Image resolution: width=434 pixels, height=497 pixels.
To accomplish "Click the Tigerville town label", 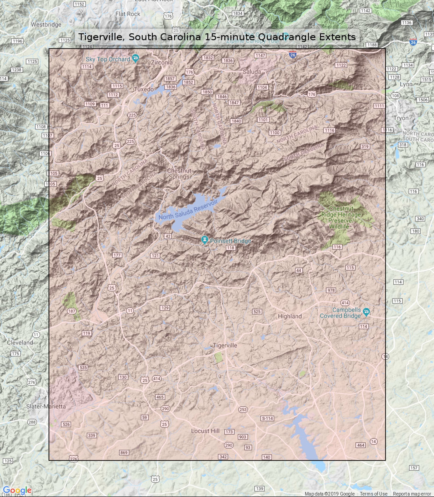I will pos(225,345).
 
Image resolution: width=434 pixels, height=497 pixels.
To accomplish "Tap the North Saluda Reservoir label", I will pos(188,210).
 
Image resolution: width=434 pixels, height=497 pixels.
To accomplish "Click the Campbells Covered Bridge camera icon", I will pos(366,311).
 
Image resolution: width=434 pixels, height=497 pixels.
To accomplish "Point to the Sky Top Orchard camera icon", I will pos(135,58).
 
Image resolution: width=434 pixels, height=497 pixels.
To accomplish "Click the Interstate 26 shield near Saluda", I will pos(293,55).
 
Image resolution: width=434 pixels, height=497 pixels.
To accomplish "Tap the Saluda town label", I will pos(252,72).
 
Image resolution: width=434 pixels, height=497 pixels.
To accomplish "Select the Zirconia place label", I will pos(162,62).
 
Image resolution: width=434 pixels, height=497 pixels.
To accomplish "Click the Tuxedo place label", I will pos(144,89).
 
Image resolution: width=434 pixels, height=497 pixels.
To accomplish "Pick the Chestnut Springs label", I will pos(179,174).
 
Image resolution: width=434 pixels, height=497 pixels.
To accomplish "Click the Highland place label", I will pos(290,316).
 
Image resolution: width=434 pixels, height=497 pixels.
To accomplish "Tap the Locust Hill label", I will pos(205,431).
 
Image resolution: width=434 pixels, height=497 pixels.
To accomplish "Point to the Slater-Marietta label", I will pos(46,406).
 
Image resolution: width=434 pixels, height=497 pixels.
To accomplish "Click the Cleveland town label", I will pos(20,342).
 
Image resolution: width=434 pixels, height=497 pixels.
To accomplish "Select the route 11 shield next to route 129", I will pos(130,311).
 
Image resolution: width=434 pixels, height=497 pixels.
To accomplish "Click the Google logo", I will pos(17,490).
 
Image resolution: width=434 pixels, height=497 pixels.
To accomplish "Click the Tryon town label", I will pos(401,118).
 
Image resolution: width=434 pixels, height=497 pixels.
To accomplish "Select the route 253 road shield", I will pos(243,409).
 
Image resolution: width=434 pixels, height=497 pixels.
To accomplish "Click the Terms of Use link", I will pos(373,494).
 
